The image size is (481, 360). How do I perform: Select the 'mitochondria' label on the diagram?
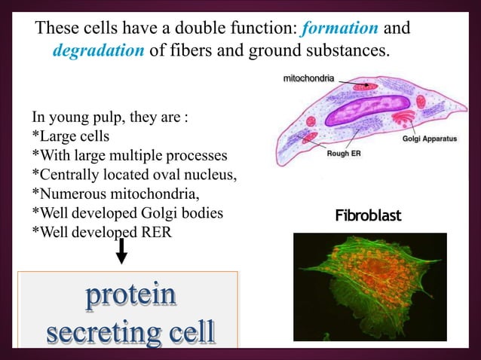(309, 78)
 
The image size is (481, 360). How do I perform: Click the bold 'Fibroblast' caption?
(369, 216)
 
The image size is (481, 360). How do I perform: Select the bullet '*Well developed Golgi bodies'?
(127, 213)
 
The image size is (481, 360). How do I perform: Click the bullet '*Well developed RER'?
(101, 232)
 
